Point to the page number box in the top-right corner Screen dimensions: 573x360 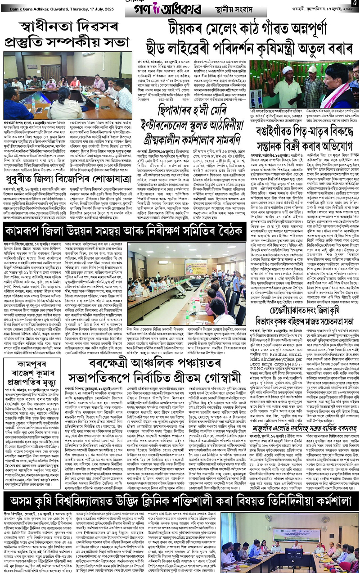coord(355,4)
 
